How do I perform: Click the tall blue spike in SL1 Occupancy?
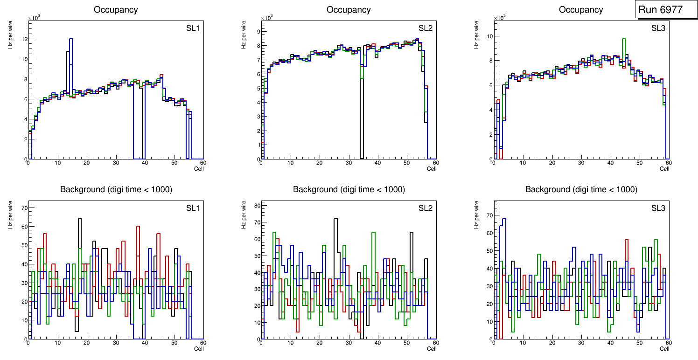tap(71, 40)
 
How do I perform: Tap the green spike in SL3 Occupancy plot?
tap(623, 40)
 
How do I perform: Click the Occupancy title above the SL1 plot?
tap(116, 9)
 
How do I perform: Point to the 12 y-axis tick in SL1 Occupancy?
tap(24, 39)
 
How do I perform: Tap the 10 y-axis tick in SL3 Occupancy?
tap(489, 36)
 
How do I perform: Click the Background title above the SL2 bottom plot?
tap(349, 189)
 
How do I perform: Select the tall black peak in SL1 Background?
tap(80, 219)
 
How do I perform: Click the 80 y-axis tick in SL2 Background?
tap(256, 205)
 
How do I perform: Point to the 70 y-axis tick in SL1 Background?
tap(24, 208)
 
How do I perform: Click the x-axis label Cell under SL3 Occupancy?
tap(664, 168)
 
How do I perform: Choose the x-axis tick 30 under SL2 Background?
tap(348, 343)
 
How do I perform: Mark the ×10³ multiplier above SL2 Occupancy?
tap(266, 18)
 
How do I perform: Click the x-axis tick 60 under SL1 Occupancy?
tap(203, 163)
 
